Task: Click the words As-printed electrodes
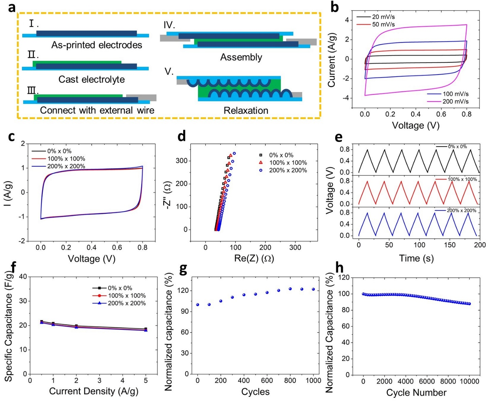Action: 96,45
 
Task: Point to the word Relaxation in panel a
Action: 246,111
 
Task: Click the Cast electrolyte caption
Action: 91,80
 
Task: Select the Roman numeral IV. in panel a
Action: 169,25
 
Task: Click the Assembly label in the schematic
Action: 241,57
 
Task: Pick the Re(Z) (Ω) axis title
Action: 254,259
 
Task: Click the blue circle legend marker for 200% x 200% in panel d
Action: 261,171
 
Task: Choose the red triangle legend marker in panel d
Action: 261,163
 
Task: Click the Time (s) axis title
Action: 416,258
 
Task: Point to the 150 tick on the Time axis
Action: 450,245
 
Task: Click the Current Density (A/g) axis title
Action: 93,391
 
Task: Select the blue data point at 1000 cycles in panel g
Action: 313,289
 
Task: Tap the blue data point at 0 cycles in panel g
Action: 198,305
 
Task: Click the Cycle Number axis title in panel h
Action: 416,393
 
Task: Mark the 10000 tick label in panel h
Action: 469,381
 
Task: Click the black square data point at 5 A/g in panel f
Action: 146,329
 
